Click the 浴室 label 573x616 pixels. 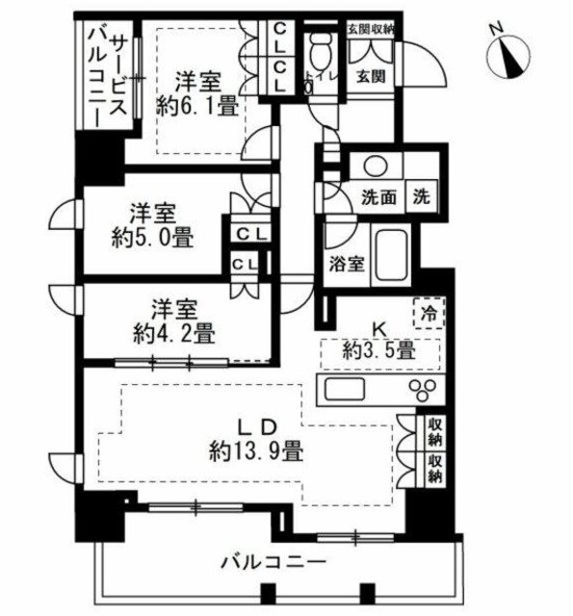(348, 266)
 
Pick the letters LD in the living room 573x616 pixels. (257, 425)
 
